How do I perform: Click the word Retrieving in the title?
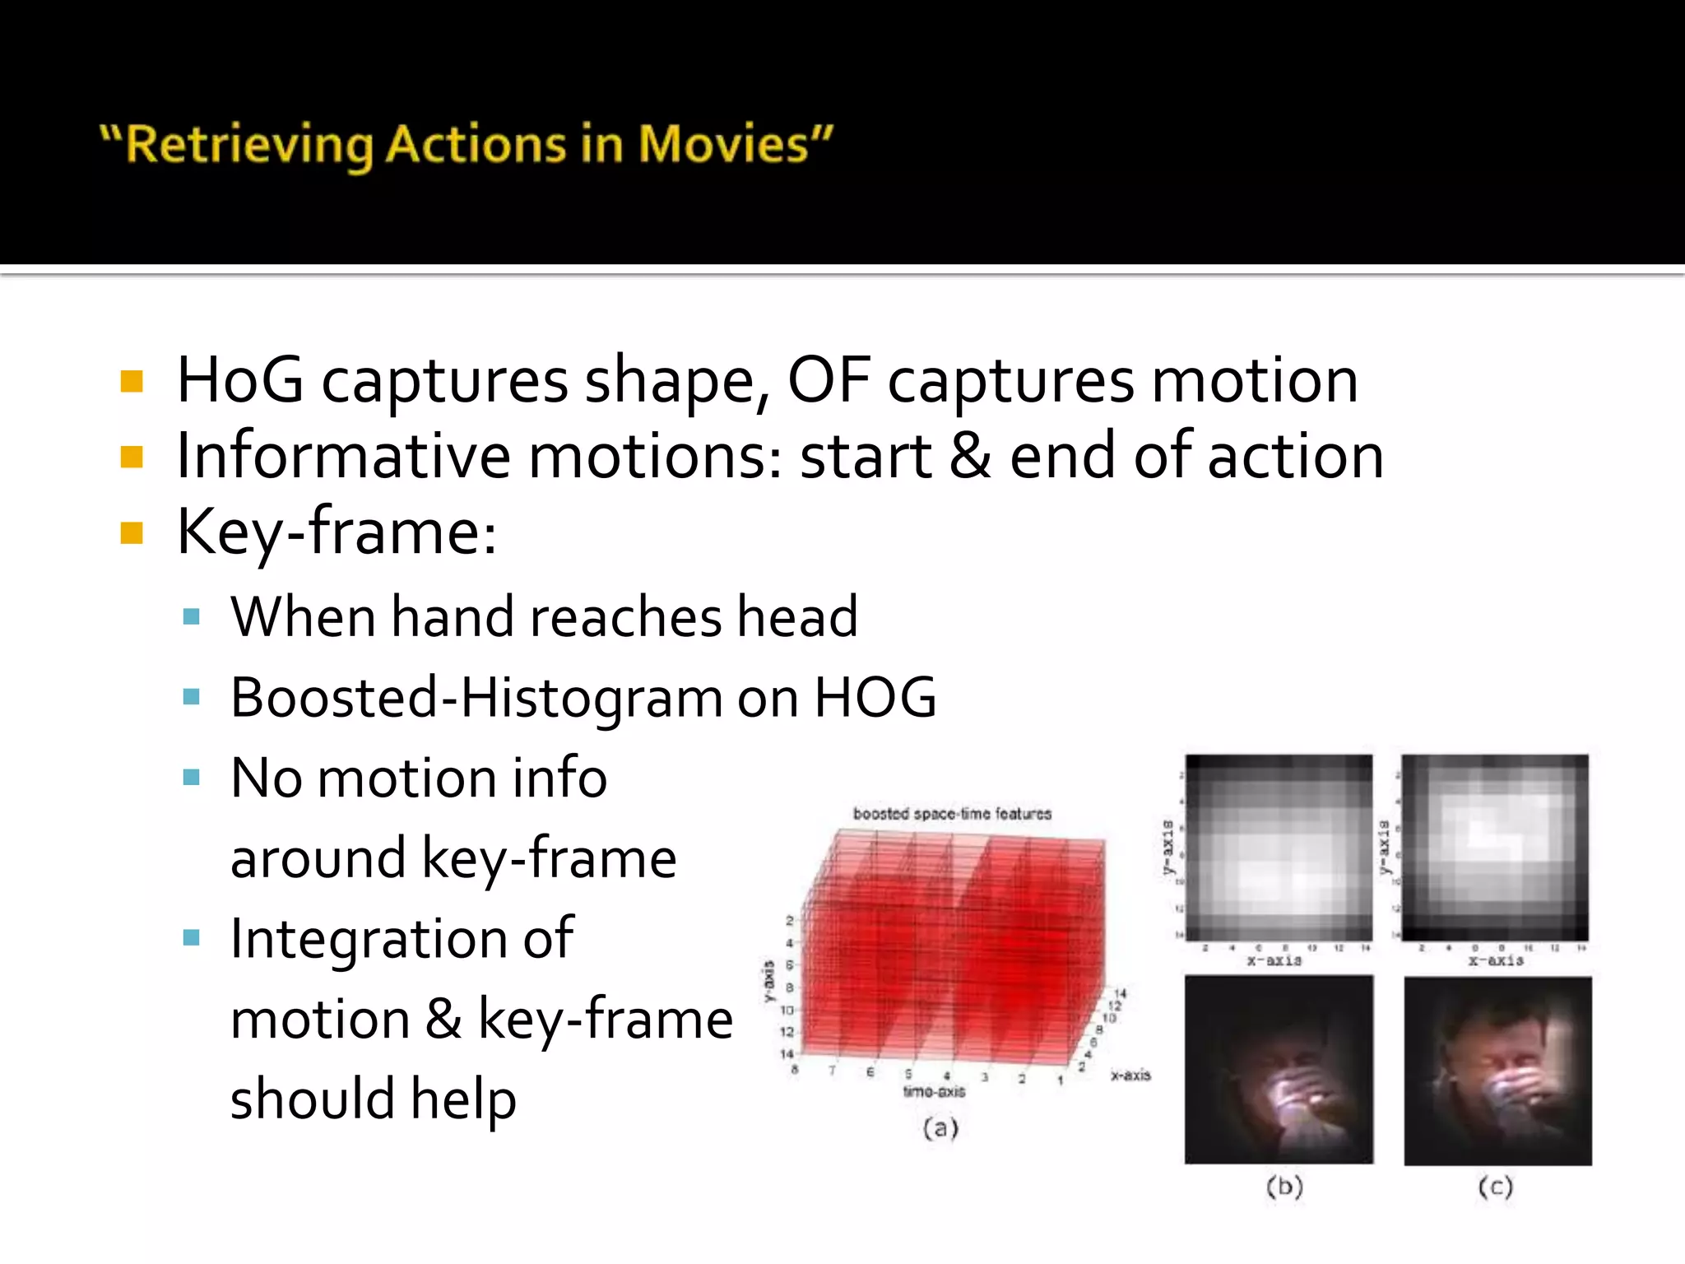pyautogui.click(x=250, y=145)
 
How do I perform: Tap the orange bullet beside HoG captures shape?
pyautogui.click(x=132, y=382)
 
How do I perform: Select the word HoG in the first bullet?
pyautogui.click(x=240, y=380)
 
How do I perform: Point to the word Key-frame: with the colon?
pyautogui.click(x=337, y=532)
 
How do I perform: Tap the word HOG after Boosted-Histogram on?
pyautogui.click(x=875, y=698)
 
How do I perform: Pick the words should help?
pyautogui.click(x=373, y=1099)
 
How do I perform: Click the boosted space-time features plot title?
pyautogui.click(x=952, y=814)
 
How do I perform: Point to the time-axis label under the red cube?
pyautogui.click(x=934, y=1092)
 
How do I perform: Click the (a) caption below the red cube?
pyautogui.click(x=940, y=1128)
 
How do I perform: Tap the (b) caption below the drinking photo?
pyautogui.click(x=1283, y=1187)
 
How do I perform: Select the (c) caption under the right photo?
pyautogui.click(x=1495, y=1187)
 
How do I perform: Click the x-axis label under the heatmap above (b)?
pyautogui.click(x=1274, y=960)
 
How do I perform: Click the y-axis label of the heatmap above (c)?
pyautogui.click(x=1385, y=848)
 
